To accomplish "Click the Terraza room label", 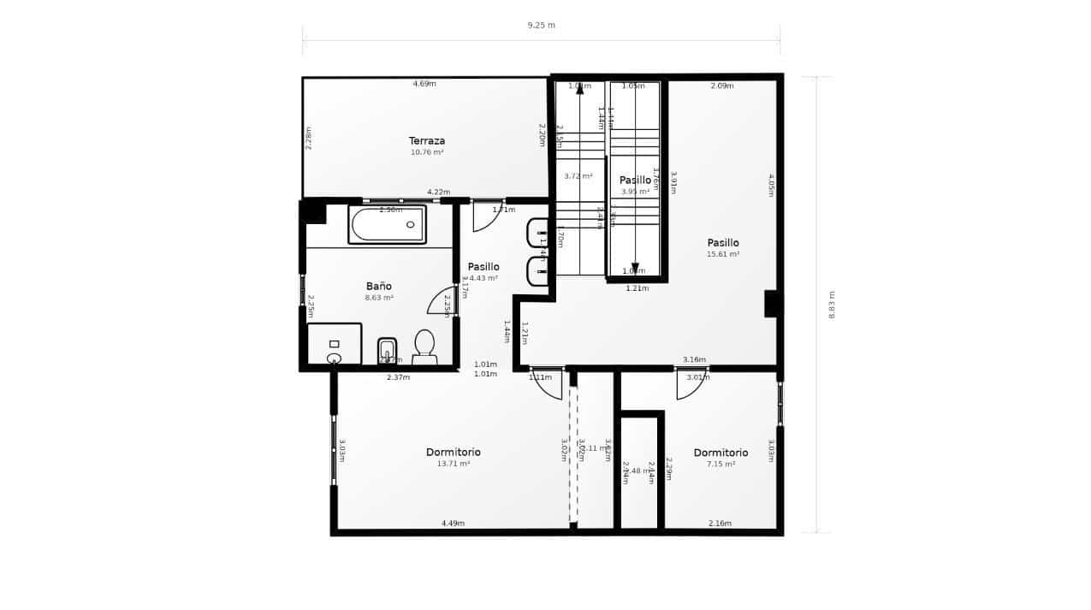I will pos(426,140).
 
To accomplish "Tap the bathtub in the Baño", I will pos(387,224).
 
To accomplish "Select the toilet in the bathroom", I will pos(424,346).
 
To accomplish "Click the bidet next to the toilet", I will pos(387,350).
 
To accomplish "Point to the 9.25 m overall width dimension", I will pos(541,25).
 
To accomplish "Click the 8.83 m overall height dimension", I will pos(831,305).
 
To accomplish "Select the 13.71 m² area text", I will pos(453,464).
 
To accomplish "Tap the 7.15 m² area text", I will pos(720,464).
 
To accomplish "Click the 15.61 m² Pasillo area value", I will pos(723,254).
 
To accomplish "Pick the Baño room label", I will pos(378,286).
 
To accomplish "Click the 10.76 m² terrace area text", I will pos(426,152).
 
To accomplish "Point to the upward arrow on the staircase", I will pos(580,88).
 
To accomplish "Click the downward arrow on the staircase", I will pos(635,268).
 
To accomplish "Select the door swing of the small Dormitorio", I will pos(689,385).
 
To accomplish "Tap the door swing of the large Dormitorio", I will pos(548,385).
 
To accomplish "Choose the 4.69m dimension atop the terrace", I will pos(424,84).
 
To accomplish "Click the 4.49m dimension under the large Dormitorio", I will pos(453,523).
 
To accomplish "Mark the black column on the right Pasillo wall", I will pos(773,303).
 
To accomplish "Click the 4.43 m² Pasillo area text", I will pos(483,278).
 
